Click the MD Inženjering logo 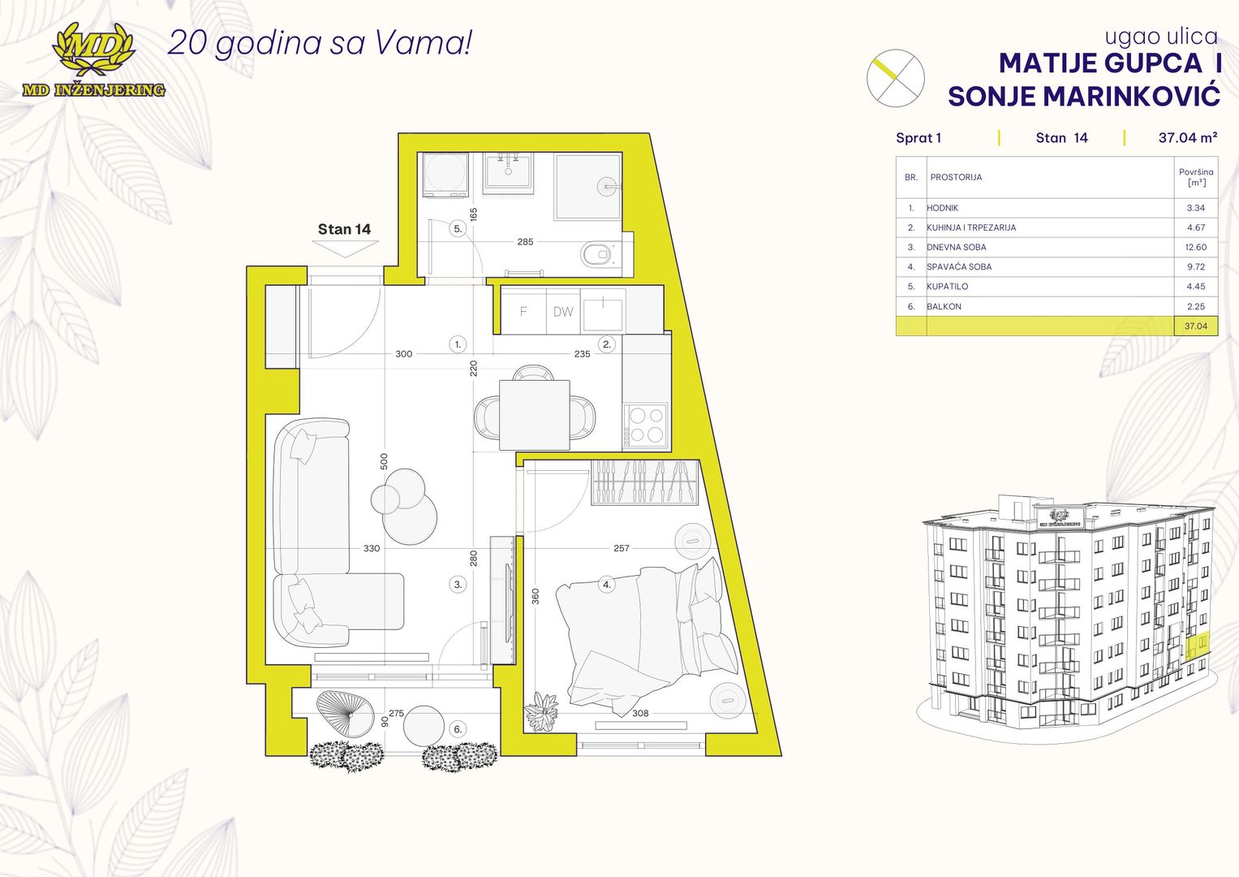tap(93, 60)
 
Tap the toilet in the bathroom tap(597, 255)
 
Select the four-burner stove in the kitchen tap(646, 425)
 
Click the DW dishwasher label tap(563, 312)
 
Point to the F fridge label tap(523, 312)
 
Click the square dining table tap(535, 415)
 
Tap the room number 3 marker tap(458, 584)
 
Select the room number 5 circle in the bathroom tap(458, 229)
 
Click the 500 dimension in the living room tap(385, 461)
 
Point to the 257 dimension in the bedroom tap(622, 548)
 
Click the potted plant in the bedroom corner tap(541, 712)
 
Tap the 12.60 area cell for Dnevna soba tap(1196, 247)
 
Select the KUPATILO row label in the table tap(948, 286)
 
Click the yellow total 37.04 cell tap(1196, 326)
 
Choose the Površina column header tap(1196, 177)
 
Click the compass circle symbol tap(896, 78)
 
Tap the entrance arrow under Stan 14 tap(344, 248)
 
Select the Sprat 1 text tap(918, 138)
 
